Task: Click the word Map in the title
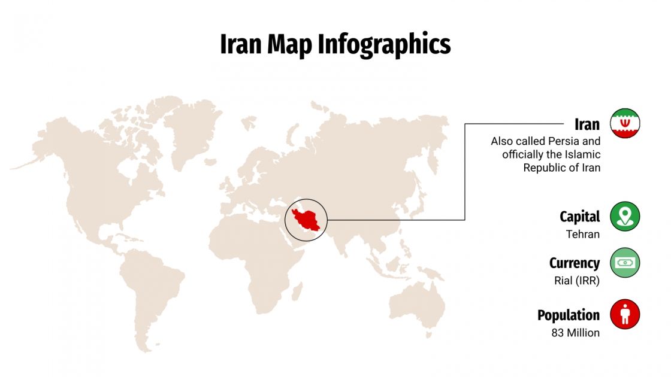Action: click(x=289, y=45)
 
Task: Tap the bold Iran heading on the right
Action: click(x=587, y=124)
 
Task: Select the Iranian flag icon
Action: click(x=625, y=124)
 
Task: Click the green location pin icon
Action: click(x=625, y=216)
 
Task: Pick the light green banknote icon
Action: click(x=625, y=263)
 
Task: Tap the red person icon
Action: click(x=625, y=314)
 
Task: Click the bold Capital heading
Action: click(x=579, y=216)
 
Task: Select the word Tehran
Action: click(x=582, y=234)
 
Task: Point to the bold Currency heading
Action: click(x=574, y=263)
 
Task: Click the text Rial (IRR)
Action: click(x=576, y=281)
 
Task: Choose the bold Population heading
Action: click(x=568, y=315)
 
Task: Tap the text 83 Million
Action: click(x=575, y=333)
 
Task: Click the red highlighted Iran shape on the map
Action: click(x=309, y=221)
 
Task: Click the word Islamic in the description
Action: click(x=583, y=155)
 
